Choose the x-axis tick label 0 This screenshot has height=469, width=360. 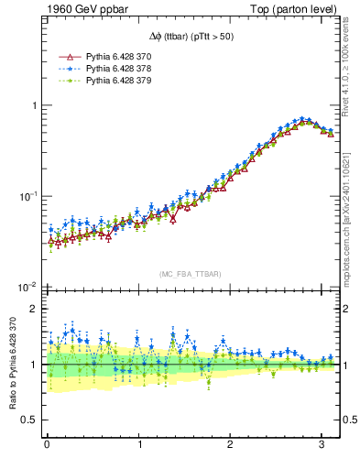[47, 444]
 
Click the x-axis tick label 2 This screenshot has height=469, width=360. [231, 444]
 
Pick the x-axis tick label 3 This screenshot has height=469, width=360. [322, 444]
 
